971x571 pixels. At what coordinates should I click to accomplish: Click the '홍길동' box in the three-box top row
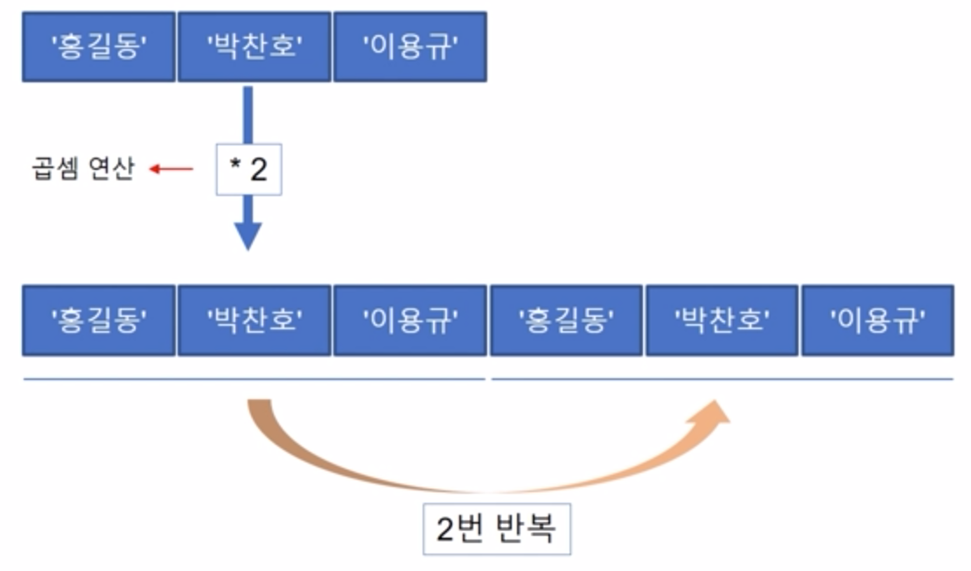pos(99,46)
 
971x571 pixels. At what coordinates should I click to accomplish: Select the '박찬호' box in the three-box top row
pos(254,46)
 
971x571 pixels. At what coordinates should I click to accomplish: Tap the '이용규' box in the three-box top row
pos(409,46)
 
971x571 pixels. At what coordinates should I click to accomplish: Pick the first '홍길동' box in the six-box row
pos(99,320)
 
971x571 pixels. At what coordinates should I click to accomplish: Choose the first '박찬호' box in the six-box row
pos(254,320)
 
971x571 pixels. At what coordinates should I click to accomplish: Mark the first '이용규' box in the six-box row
pos(409,320)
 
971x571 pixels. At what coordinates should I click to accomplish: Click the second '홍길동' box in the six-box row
pos(566,320)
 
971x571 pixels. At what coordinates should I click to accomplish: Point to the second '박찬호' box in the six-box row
pos(722,320)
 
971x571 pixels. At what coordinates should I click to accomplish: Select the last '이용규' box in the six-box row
pos(877,320)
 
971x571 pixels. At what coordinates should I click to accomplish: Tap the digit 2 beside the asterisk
pos(259,170)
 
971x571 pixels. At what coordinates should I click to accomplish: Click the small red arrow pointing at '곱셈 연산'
pos(171,169)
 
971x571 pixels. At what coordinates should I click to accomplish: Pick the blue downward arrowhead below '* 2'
pos(248,235)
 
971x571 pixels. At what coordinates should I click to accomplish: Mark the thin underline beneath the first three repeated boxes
pos(254,379)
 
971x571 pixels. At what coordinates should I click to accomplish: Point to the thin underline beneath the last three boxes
pos(723,379)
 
